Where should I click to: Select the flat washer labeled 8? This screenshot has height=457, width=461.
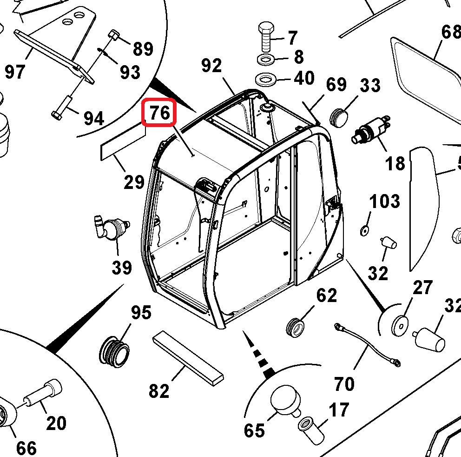[x=265, y=60]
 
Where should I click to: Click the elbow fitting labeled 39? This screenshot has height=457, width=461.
[x=112, y=228]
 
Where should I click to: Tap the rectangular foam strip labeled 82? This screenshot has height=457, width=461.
[x=188, y=357]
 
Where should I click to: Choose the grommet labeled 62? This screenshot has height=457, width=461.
[x=294, y=325]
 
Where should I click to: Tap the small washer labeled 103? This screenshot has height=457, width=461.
[x=364, y=230]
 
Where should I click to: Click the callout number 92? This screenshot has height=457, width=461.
[x=212, y=66]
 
